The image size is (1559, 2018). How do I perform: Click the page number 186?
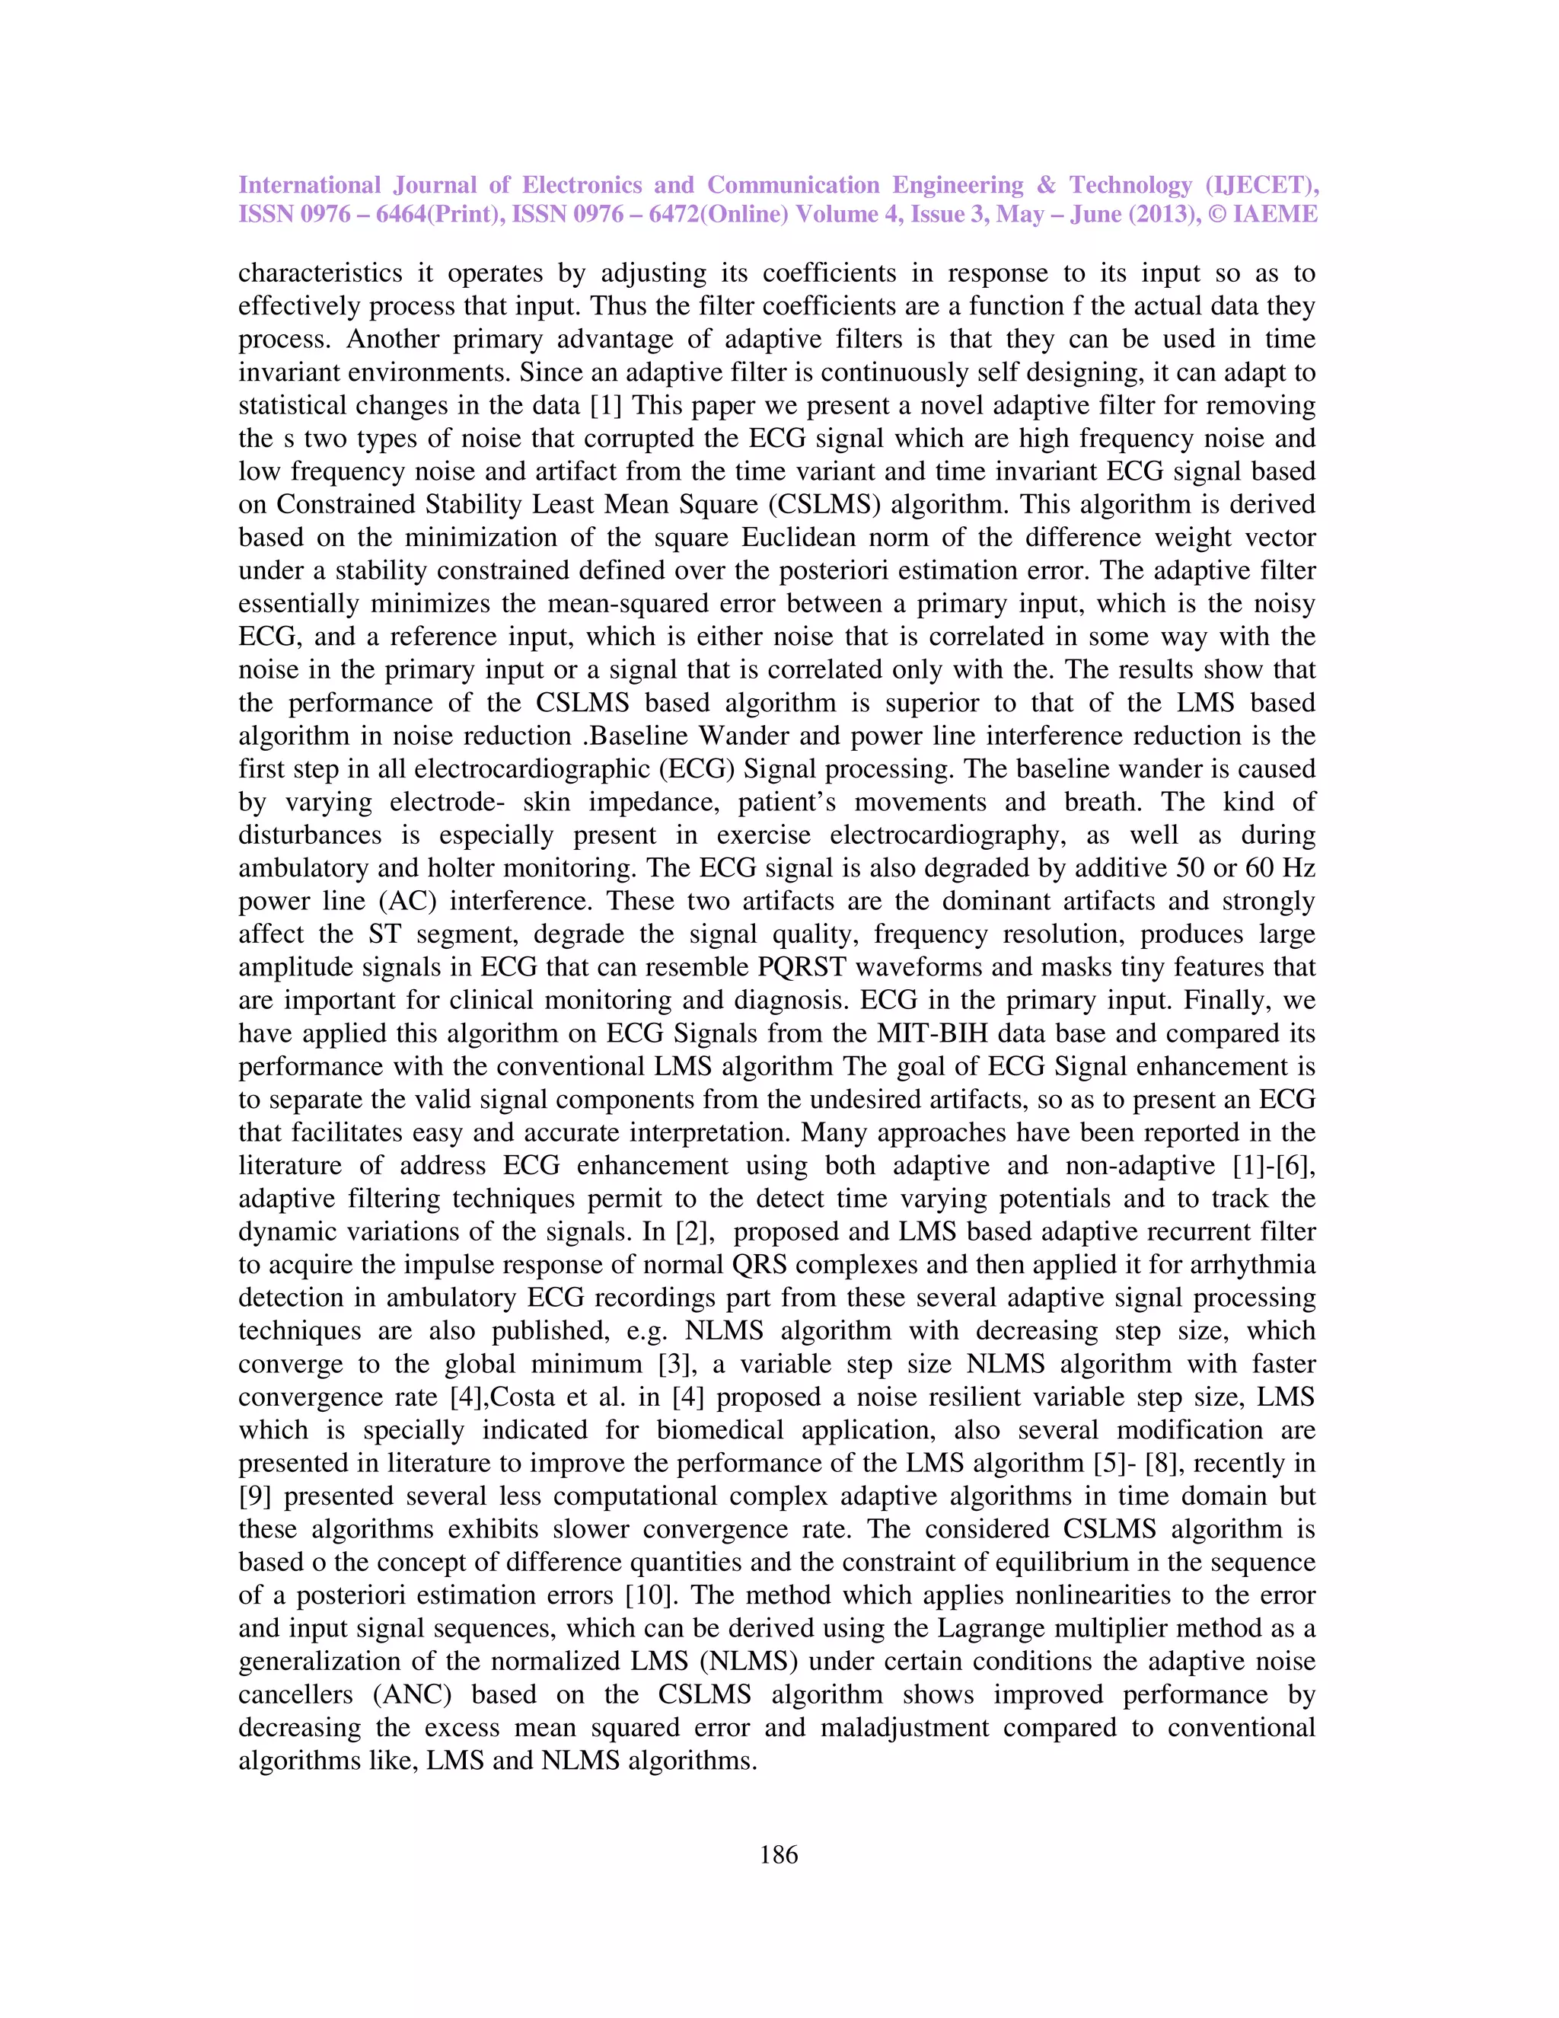coord(778,1854)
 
